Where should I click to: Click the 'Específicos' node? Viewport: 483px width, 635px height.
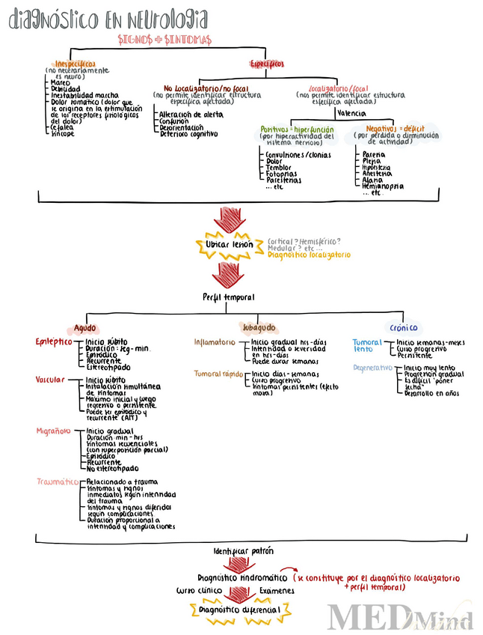click(x=267, y=64)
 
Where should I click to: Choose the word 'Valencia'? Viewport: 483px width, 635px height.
click(x=351, y=113)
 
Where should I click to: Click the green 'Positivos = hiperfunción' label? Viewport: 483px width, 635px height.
click(x=297, y=129)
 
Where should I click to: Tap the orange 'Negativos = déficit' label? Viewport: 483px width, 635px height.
click(x=394, y=129)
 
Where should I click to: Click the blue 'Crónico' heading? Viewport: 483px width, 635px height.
click(x=404, y=327)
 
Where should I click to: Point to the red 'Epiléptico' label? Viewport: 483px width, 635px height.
click(x=54, y=341)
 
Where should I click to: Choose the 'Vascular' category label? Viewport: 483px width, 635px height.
click(x=52, y=380)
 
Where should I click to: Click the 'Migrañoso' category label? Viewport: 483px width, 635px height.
click(x=54, y=431)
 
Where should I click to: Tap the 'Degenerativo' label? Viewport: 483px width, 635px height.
click(x=373, y=368)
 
